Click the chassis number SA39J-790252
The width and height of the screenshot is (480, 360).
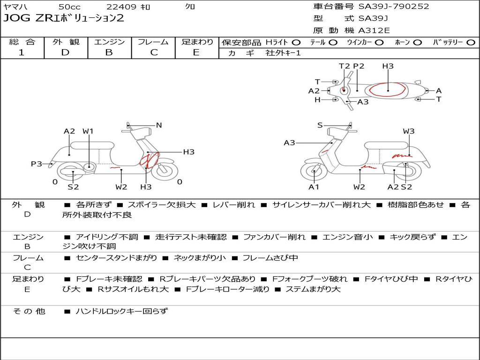click(394, 6)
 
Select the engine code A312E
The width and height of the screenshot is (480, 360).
click(374, 30)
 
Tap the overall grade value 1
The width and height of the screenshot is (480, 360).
click(21, 52)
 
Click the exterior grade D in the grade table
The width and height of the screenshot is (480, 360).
click(65, 52)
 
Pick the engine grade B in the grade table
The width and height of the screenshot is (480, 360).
click(109, 52)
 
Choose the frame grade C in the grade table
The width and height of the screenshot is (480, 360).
click(154, 52)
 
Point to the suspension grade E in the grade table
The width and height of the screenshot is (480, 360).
click(196, 52)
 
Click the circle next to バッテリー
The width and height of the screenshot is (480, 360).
click(471, 43)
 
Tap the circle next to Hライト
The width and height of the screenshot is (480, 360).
click(296, 43)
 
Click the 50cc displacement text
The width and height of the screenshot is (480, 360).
click(69, 7)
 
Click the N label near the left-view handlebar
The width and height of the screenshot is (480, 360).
click(158, 125)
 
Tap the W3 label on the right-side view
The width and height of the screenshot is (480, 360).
click(409, 131)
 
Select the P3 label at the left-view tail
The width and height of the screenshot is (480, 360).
click(37, 164)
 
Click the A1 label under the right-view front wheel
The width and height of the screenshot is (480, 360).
click(314, 187)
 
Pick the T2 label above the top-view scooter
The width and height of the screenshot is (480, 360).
click(345, 66)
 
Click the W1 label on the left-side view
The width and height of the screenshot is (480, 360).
click(88, 131)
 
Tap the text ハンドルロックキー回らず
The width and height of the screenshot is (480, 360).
click(121, 311)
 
